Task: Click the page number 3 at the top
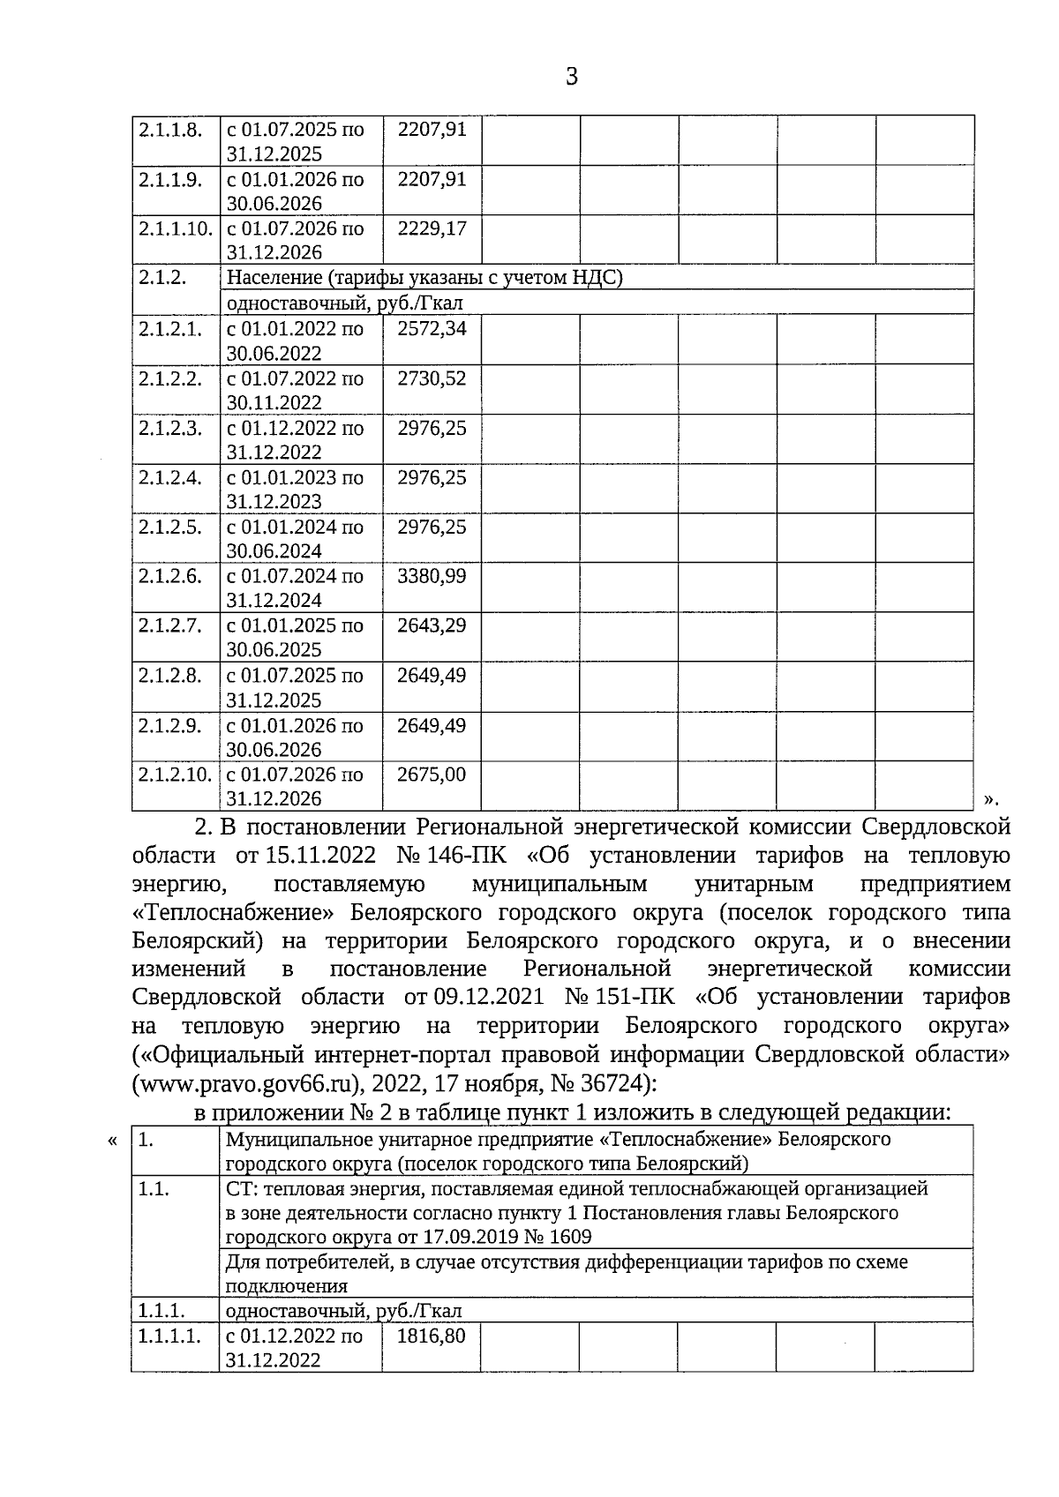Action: [571, 78]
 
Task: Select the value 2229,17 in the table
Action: [432, 229]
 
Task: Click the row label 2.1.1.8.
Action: [170, 130]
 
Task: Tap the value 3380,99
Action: [432, 577]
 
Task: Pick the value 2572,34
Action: [432, 329]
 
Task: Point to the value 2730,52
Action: [432, 379]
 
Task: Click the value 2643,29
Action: [432, 626]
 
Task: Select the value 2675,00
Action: [432, 775]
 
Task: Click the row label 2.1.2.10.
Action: [175, 775]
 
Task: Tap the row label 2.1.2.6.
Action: [170, 577]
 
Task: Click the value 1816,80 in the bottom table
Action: [432, 1336]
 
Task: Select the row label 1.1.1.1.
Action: [169, 1336]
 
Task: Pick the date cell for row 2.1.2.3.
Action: [295, 440]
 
